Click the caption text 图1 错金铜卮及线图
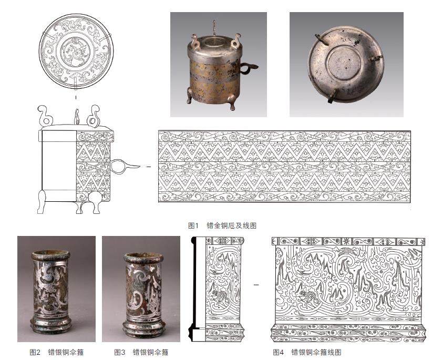point(222,225)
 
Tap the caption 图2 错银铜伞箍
point(56,352)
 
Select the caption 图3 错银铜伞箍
point(141,352)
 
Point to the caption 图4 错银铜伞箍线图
point(307,352)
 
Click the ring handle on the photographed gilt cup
point(248,67)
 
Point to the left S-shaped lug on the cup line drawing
point(44,115)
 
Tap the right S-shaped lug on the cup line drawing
point(93,116)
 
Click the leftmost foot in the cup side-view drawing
point(42,202)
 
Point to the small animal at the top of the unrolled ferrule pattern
point(344,250)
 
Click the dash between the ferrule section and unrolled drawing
point(256,284)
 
